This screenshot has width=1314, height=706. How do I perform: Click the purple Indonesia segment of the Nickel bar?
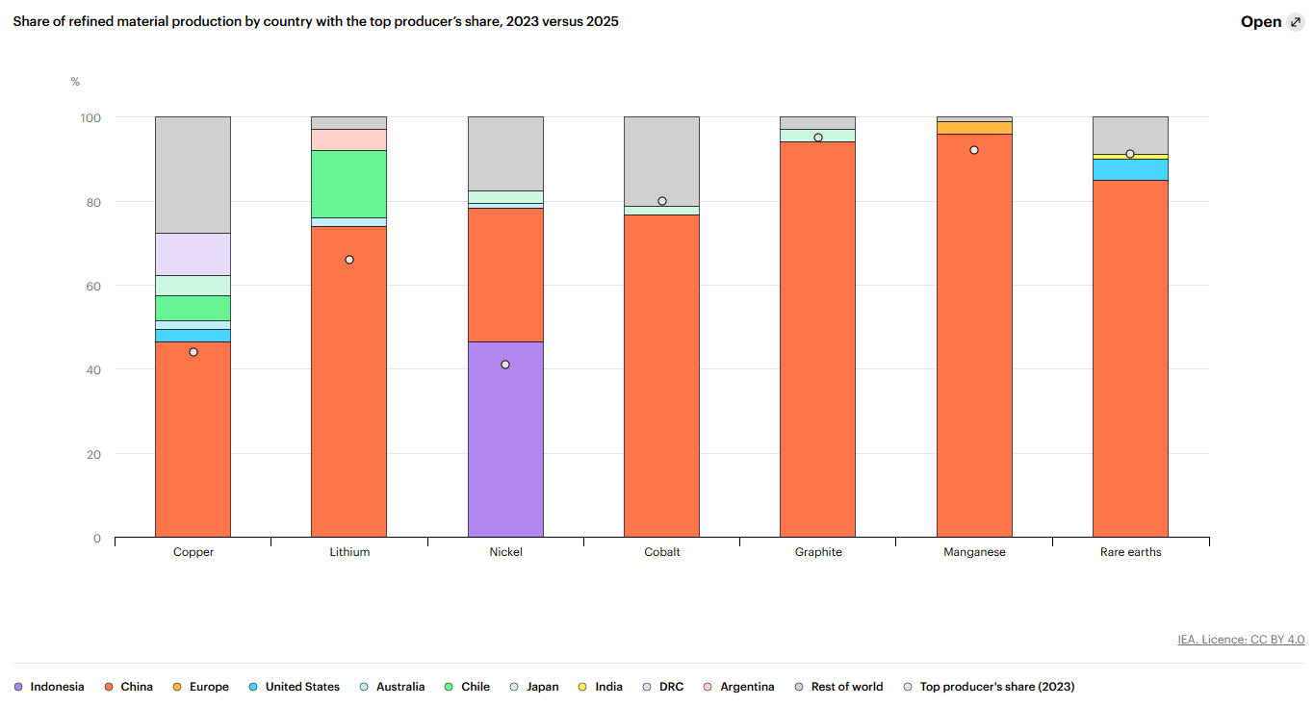click(505, 440)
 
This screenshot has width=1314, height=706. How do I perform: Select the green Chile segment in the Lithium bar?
click(349, 184)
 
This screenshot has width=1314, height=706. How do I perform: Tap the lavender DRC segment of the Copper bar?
click(193, 254)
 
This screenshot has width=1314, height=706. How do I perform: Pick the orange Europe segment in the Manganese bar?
click(974, 128)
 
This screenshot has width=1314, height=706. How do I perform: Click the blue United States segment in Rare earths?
click(1130, 170)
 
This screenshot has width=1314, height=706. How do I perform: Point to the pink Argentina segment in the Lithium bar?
click(349, 140)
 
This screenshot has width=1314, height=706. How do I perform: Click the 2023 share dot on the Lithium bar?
click(349, 260)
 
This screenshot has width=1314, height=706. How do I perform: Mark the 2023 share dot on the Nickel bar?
click(505, 365)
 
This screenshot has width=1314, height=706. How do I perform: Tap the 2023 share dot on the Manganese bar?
click(974, 150)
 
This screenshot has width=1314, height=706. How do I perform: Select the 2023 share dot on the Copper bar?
click(193, 352)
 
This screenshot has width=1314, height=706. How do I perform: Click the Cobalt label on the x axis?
click(661, 552)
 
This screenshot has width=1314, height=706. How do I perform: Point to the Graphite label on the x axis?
click(817, 552)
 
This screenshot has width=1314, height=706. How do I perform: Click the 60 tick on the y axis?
click(93, 286)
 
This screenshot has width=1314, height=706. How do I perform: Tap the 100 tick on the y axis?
click(90, 117)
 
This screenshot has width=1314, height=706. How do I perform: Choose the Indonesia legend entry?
click(49, 687)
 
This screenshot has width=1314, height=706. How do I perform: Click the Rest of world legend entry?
click(838, 687)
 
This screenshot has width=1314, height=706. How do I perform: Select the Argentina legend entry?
click(738, 687)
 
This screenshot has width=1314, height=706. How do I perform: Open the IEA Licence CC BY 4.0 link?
click(1241, 640)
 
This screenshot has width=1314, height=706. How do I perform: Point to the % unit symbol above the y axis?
click(75, 82)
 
